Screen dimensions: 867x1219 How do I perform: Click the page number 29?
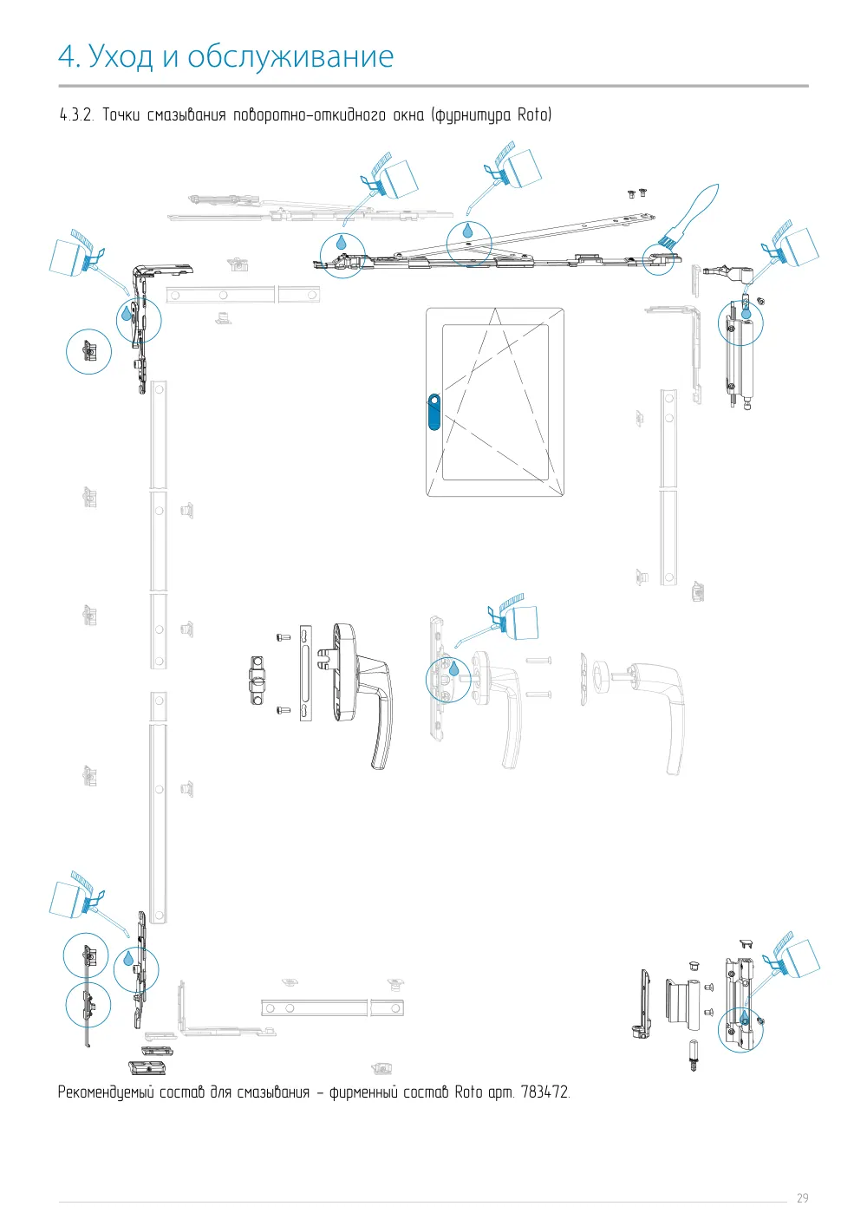tap(802, 1198)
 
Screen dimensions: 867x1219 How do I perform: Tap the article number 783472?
tap(544, 1092)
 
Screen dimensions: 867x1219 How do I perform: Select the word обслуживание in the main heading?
tap(290, 56)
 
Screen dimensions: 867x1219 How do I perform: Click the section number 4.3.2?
tap(77, 114)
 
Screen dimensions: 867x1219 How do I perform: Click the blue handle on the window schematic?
tap(433, 412)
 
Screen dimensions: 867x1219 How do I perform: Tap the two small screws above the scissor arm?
tap(637, 193)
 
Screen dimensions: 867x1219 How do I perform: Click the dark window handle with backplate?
tap(361, 695)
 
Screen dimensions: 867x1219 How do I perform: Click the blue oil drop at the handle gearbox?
tap(453, 668)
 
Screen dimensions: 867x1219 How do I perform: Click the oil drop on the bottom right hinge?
tap(745, 1017)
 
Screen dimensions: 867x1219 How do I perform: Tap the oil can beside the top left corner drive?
tap(81, 256)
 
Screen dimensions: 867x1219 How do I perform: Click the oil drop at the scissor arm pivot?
tap(467, 230)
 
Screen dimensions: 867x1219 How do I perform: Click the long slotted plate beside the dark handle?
tap(305, 673)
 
